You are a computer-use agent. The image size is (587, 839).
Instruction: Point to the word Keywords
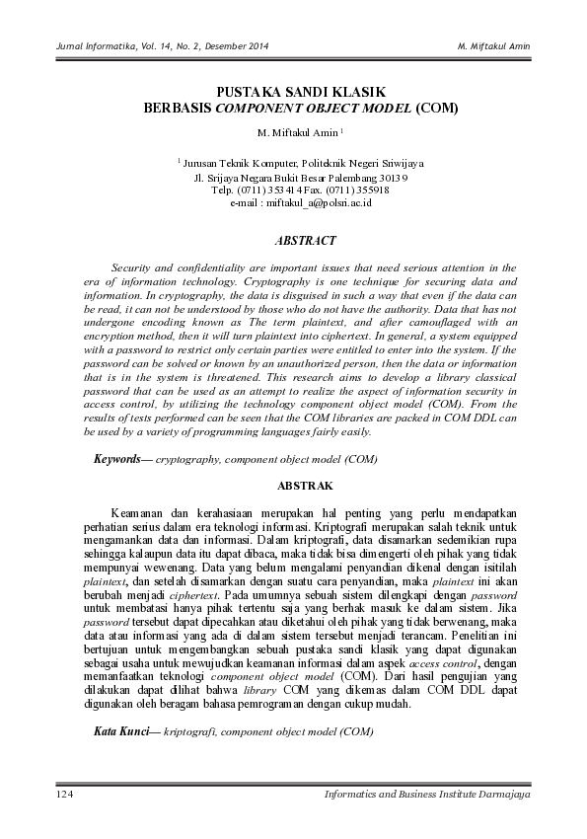coord(116,459)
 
